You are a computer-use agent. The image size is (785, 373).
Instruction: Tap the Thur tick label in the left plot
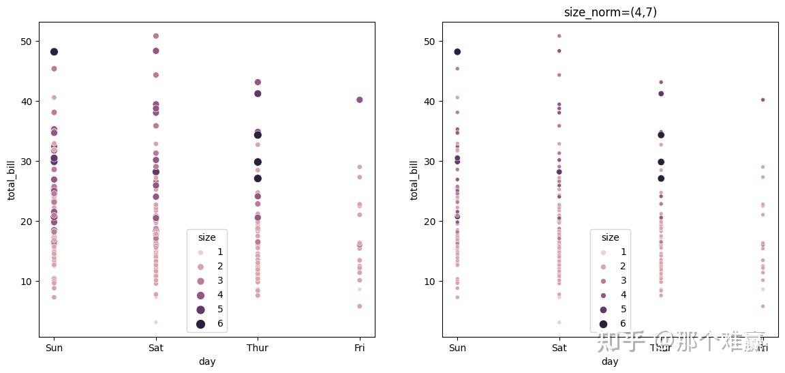pos(258,348)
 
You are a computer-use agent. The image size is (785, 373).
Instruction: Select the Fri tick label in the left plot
pos(360,348)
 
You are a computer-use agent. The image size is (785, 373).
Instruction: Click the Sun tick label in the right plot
pos(457,348)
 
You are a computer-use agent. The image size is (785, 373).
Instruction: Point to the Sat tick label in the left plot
pos(155,348)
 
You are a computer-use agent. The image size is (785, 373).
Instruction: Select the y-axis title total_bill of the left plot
pos(12,179)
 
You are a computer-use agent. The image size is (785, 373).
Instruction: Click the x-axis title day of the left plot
pos(206,361)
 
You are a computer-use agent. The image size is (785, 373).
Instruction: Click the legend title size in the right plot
pos(610,237)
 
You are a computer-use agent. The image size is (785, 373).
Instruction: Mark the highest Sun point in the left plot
pos(54,52)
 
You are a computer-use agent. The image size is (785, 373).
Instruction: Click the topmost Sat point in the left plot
pos(156,36)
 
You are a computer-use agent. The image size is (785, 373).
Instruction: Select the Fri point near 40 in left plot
pos(360,100)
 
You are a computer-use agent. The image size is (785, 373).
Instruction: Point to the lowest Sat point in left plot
pos(156,322)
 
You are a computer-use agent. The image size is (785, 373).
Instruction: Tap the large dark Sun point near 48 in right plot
pos(457,52)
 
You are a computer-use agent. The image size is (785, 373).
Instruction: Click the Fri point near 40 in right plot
pos(763,100)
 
